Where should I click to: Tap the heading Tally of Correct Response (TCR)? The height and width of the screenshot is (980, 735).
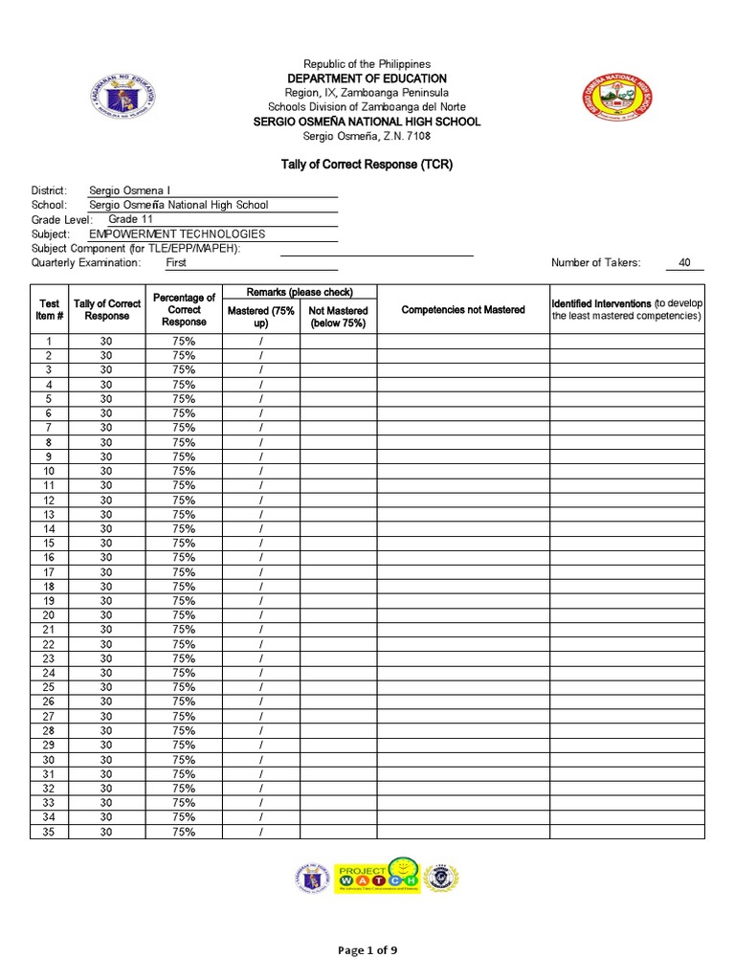367,165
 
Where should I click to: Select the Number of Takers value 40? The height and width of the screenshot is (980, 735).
683,262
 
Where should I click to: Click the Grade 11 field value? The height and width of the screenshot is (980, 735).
130,219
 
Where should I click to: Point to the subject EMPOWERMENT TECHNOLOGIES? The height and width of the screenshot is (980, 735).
177,234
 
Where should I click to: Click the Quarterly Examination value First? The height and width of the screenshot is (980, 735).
176,262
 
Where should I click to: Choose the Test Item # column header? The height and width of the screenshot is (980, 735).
49,309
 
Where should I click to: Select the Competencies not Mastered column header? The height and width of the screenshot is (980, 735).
462,309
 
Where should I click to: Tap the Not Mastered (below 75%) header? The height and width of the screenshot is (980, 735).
338,317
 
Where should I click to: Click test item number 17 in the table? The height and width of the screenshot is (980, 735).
49,572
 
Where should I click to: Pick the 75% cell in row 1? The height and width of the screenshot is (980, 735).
184,342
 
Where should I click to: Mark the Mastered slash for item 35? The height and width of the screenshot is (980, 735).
260,832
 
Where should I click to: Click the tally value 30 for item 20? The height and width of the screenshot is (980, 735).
106,615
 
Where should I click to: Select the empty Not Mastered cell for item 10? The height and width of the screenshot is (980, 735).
338,471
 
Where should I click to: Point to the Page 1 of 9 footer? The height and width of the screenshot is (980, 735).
367,950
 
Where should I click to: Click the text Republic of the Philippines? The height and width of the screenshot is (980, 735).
367,63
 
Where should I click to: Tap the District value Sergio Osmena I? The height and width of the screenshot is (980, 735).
129,190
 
